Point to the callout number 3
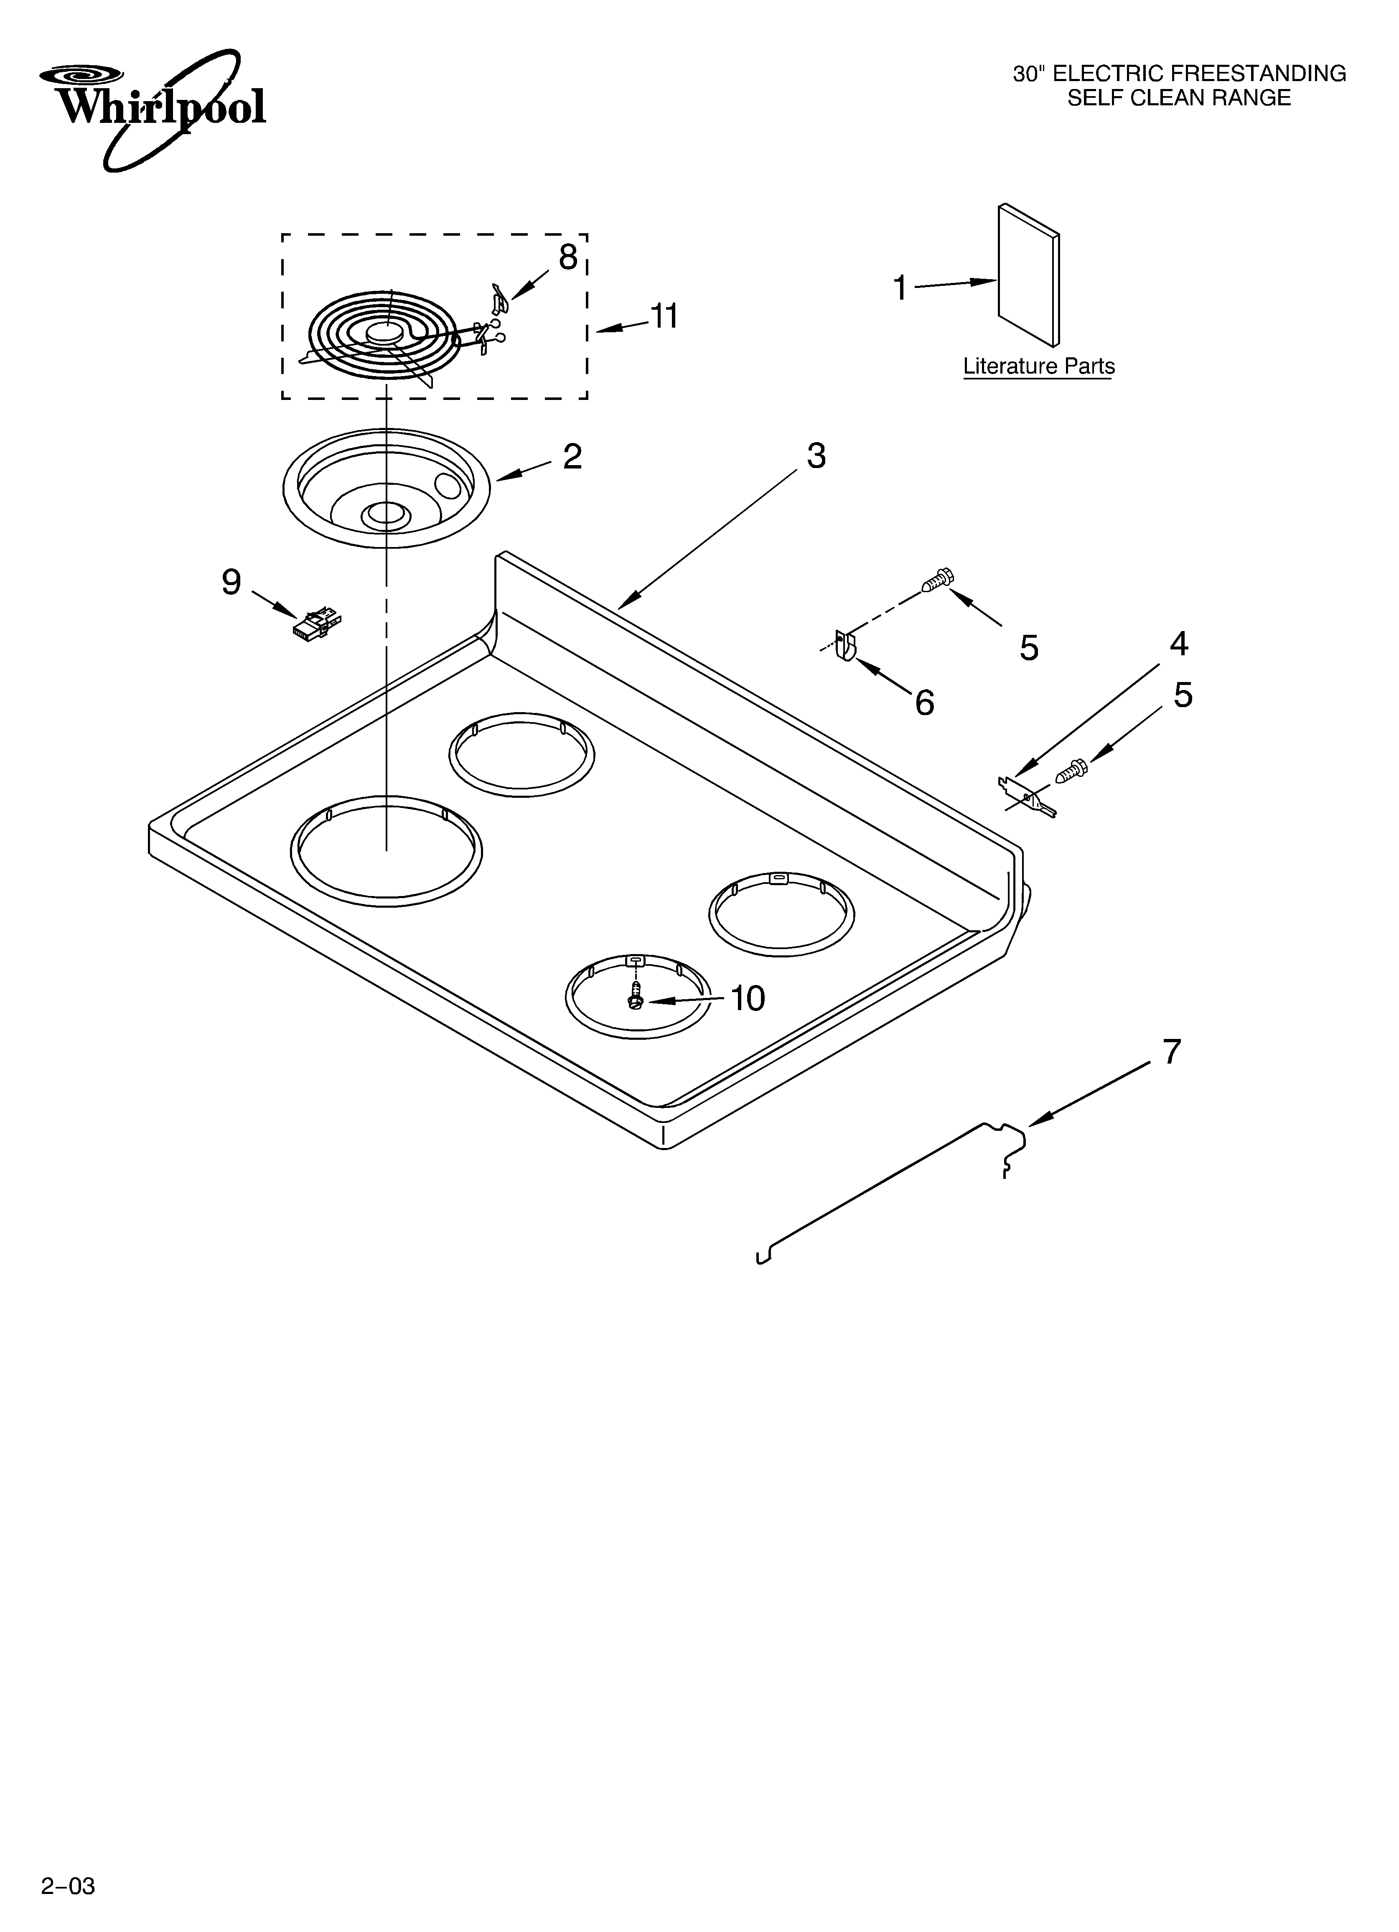816,457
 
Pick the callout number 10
748,998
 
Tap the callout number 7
1173,1053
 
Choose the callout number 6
924,703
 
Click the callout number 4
1178,644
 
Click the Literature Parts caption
1039,366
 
